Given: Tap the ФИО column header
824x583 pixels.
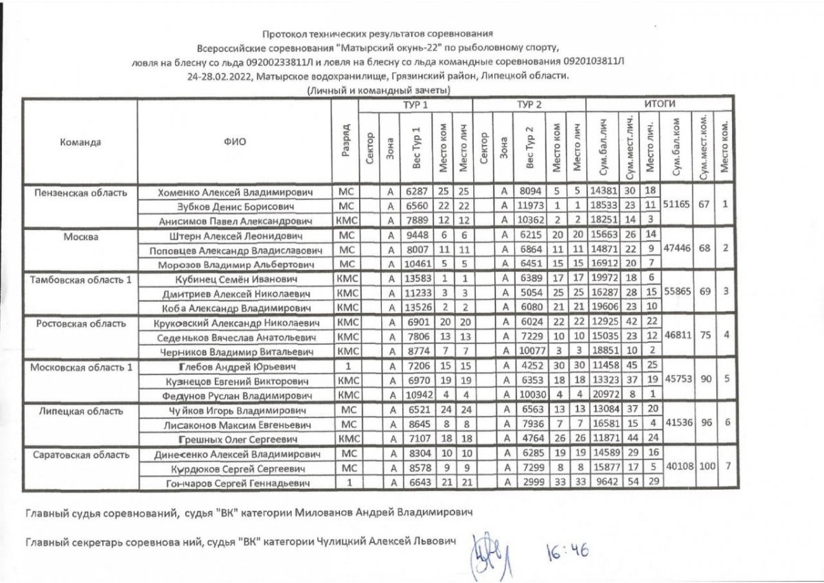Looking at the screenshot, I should pyautogui.click(x=234, y=142).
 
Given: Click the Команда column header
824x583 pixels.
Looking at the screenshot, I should pyautogui.click(x=81, y=142).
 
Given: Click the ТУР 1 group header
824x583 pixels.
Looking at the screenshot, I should pyautogui.click(x=415, y=104).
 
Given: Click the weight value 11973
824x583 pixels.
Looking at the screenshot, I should pyautogui.click(x=531, y=206).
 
